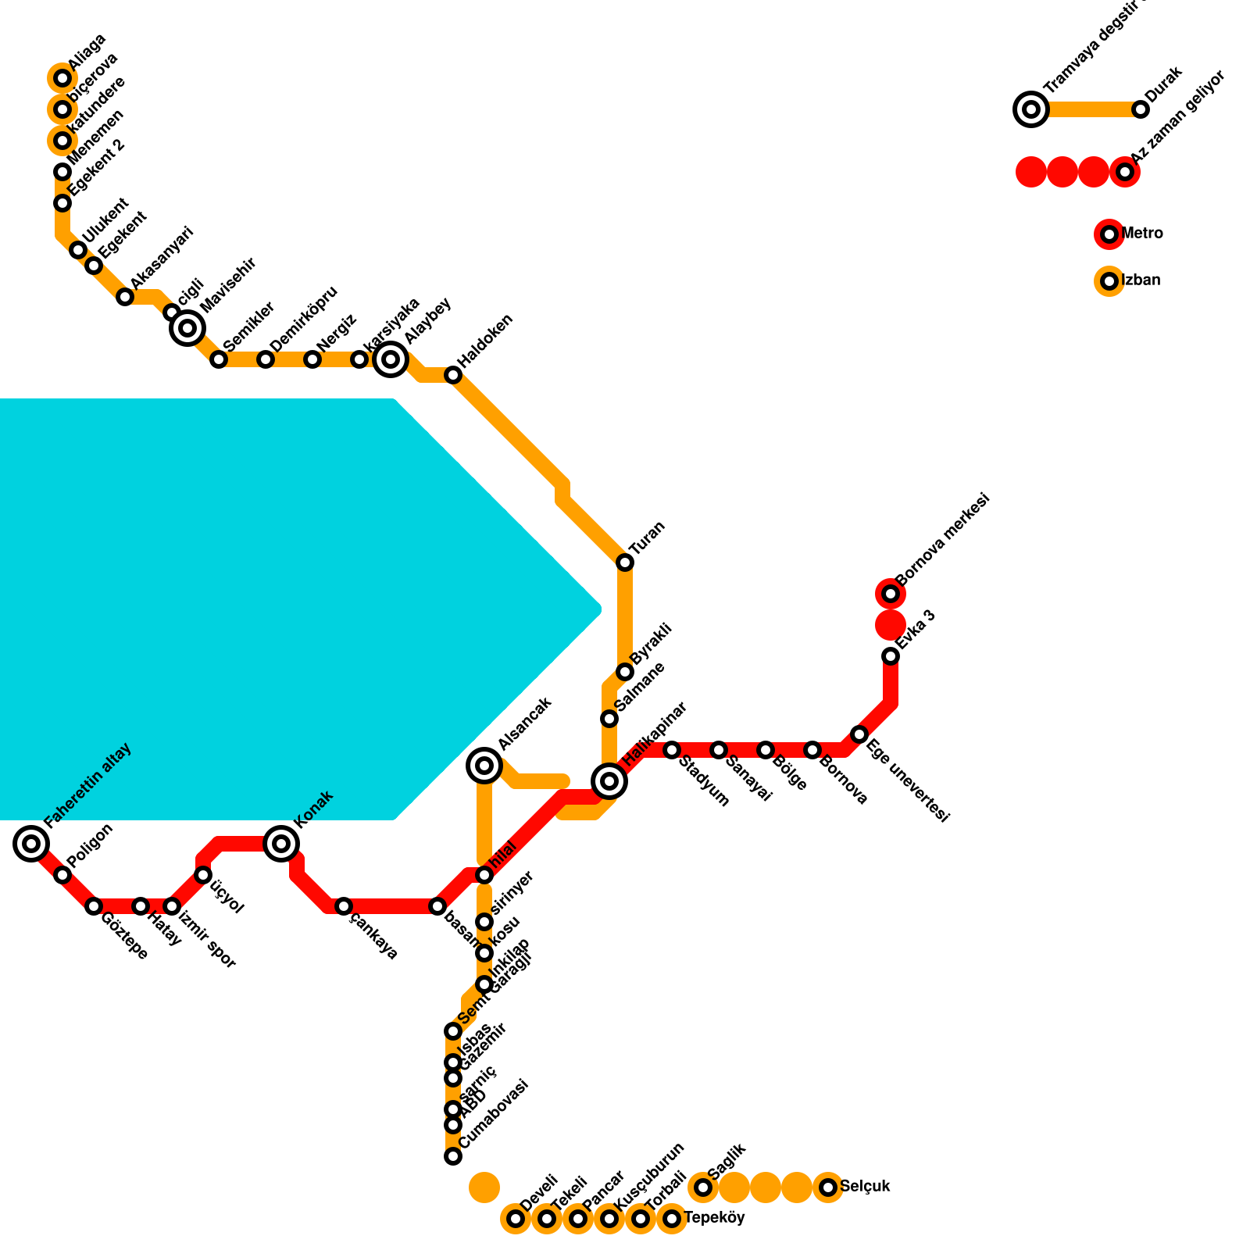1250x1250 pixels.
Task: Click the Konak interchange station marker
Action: click(281, 844)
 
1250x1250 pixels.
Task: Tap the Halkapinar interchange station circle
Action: click(609, 780)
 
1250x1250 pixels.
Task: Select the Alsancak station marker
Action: click(484, 765)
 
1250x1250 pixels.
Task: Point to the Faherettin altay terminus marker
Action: click(31, 844)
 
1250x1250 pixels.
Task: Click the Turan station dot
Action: click(625, 562)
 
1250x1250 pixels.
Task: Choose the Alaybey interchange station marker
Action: click(391, 359)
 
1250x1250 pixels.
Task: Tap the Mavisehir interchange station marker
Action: click(187, 328)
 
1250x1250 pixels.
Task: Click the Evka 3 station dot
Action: click(891, 656)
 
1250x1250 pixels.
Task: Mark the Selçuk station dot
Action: click(828, 1187)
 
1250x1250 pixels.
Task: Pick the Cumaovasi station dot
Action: click(453, 1156)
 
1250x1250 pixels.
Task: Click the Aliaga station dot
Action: click(62, 78)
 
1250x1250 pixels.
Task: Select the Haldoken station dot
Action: click(453, 375)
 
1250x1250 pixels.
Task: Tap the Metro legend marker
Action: click(1109, 234)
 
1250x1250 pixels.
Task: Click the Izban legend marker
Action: click(1109, 281)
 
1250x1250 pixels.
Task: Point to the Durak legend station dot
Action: click(1141, 109)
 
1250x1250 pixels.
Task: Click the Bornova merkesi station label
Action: click(944, 539)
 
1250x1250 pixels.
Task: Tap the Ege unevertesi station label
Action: click(908, 780)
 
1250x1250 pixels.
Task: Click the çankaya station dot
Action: click(344, 906)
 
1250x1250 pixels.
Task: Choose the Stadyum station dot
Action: click(672, 750)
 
